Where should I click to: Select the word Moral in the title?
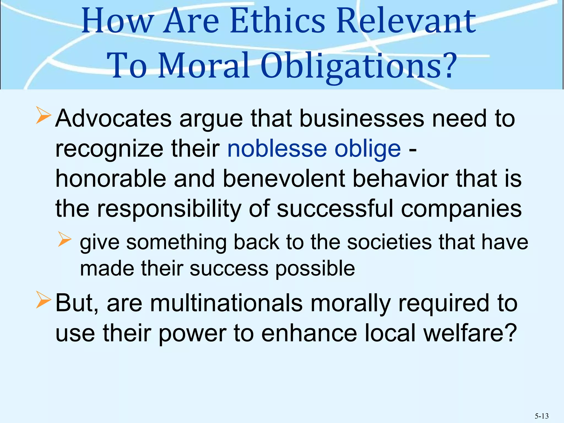coord(204,66)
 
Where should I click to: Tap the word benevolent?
coord(284,179)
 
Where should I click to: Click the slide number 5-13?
coord(541,416)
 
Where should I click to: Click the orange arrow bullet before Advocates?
coord(44,116)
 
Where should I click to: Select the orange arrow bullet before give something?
coord(65,239)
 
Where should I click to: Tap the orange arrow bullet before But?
coord(44,301)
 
